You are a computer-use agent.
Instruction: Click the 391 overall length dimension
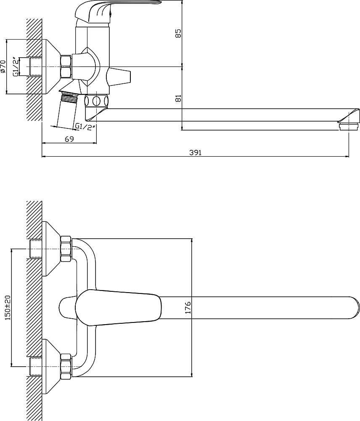pos(195,152)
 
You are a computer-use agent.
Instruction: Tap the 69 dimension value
pos(69,139)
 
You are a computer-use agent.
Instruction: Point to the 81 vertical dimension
pos(178,98)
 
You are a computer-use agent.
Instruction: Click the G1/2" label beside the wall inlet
pos(16,67)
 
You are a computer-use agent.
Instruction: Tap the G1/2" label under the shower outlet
pos(85,126)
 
